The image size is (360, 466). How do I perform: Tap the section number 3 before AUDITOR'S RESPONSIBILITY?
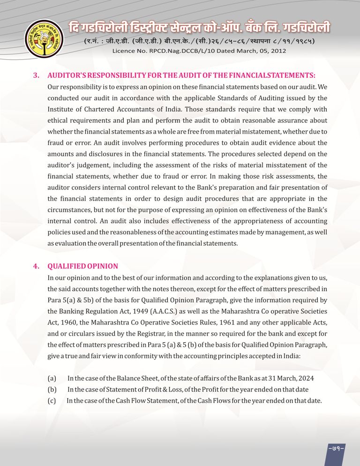point(36,75)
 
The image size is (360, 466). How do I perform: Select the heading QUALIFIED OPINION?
point(82,266)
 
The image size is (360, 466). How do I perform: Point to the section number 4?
point(36,266)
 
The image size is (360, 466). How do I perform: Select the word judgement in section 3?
point(97,165)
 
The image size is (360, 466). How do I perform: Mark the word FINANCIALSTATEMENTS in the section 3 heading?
point(271,75)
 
